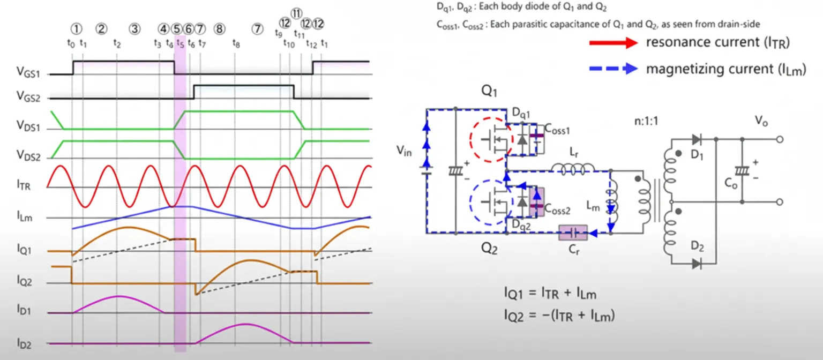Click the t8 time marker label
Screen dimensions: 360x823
(236, 44)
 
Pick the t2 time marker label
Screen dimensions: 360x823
(117, 44)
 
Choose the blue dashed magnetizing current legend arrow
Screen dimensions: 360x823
(613, 69)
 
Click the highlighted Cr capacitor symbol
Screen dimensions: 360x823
(572, 233)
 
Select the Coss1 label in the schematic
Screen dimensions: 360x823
(557, 128)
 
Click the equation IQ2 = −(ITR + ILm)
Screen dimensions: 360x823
(559, 316)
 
